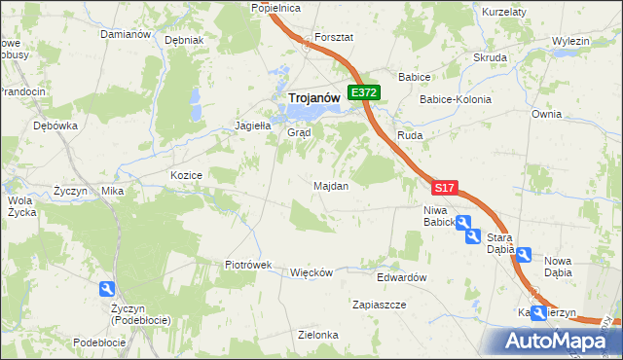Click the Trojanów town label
pyautogui.click(x=312, y=97)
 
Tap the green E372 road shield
pyautogui.click(x=364, y=92)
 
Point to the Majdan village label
pyautogui.click(x=331, y=185)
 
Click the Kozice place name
pyautogui.click(x=185, y=175)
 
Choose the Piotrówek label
pyautogui.click(x=247, y=265)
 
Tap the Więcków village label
pyautogui.click(x=312, y=272)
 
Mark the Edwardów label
pyautogui.click(x=403, y=277)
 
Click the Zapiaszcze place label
pyautogui.click(x=379, y=305)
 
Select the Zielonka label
pyautogui.click(x=318, y=335)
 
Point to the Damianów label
pyautogui.click(x=125, y=34)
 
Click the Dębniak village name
pyautogui.click(x=184, y=41)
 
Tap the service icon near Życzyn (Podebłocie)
pyautogui.click(x=106, y=289)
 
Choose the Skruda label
pyautogui.click(x=491, y=57)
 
